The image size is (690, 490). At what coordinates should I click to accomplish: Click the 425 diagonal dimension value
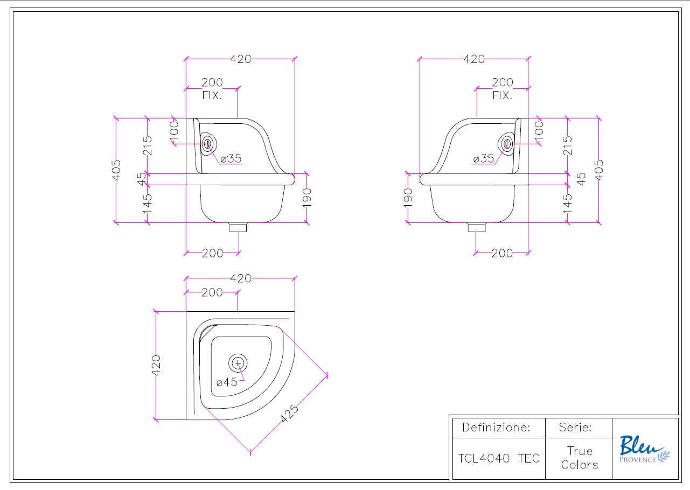coord(290,414)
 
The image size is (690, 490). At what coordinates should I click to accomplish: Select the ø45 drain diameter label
coord(227,382)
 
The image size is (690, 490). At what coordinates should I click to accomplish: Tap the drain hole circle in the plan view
coord(238,363)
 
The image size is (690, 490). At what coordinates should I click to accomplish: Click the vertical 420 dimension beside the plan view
coord(156,365)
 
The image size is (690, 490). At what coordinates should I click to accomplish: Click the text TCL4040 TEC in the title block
coord(498,458)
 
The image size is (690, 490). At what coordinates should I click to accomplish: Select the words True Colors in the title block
coord(579,458)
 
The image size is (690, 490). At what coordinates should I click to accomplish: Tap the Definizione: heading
coord(496,428)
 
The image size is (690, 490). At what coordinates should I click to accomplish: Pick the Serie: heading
coord(575,428)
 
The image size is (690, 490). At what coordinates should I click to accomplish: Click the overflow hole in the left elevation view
coord(208,144)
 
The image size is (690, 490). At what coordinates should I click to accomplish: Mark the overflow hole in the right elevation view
coord(506,143)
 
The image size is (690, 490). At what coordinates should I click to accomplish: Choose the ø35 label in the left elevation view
coord(231,158)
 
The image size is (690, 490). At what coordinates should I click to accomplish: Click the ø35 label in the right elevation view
coord(483,158)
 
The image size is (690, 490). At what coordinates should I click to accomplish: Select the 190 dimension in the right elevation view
coord(408,198)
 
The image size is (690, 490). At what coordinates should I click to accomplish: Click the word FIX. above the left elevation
coord(212,95)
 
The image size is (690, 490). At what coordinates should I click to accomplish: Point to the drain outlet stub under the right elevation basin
coord(476,227)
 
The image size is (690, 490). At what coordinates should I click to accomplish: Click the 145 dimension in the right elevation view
coord(567,203)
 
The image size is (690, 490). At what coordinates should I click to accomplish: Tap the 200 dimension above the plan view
coord(212,292)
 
